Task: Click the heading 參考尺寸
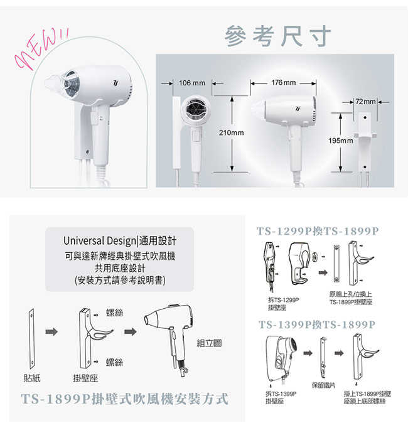point(277,36)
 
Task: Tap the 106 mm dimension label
point(193,83)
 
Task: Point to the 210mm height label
point(231,134)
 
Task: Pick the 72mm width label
point(365,101)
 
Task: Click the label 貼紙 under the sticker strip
point(32,377)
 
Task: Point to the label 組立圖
point(208,343)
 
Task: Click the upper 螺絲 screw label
point(114,312)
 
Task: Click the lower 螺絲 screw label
point(114,362)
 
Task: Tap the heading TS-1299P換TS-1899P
point(319,230)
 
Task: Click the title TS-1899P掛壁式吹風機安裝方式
point(124,399)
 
